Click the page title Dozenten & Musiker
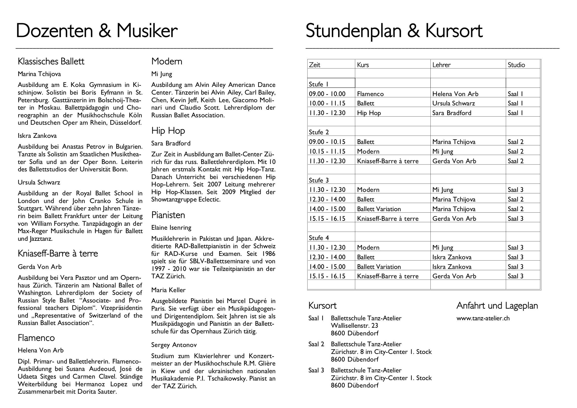coord(97,31)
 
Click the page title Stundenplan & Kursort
coord(394,31)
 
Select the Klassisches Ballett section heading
coord(51,61)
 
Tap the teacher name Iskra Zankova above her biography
coord(37,136)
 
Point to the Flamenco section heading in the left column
coord(36,338)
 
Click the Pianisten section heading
coord(168,215)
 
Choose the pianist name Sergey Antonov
coord(174,345)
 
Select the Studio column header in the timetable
coord(516,65)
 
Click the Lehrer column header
coord(441,65)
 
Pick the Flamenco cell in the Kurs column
coord(370,94)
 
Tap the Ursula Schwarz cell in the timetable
coord(453,103)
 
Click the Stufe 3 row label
coord(319,180)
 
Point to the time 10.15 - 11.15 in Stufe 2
coord(327,151)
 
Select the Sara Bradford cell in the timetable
coord(452,113)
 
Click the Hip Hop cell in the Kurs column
coord(369,113)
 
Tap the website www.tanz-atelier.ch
coord(483,318)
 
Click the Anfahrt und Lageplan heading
coord(497,306)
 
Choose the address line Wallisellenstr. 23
coord(354,326)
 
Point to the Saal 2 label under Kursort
coord(316,344)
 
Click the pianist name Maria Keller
coord(168,290)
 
